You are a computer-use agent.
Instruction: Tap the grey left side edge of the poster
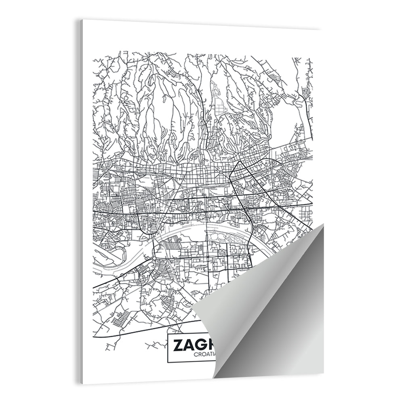click(x=81, y=202)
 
